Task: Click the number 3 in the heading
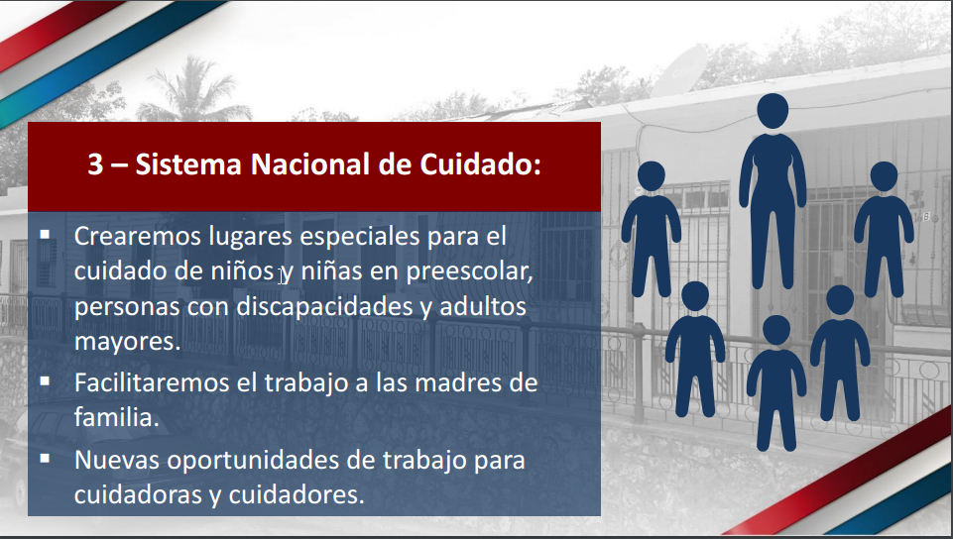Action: click(95, 164)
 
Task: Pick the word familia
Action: click(115, 417)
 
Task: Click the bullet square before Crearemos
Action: click(46, 235)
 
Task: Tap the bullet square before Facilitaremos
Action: click(46, 379)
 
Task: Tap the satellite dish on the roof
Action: click(684, 66)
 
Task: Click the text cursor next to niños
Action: click(282, 275)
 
